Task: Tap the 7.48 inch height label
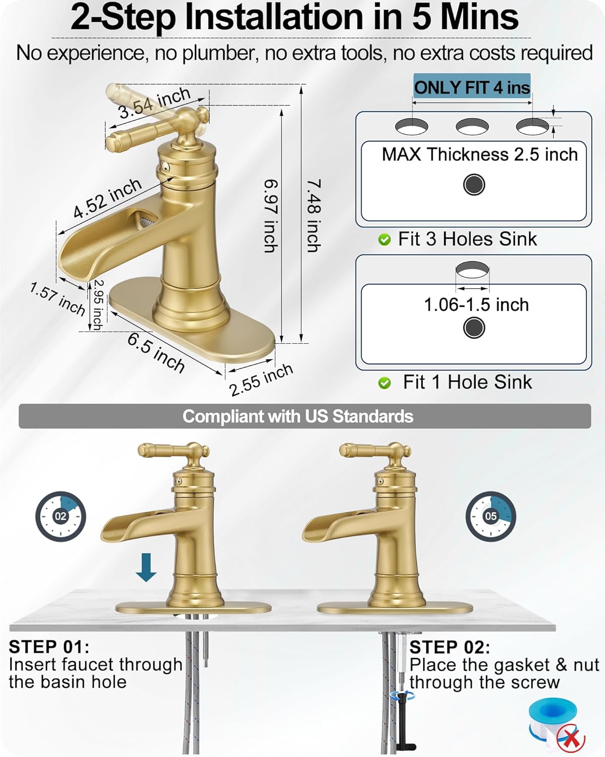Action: [x=314, y=216]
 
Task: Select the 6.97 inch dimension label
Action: [x=271, y=216]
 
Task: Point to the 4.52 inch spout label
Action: [x=107, y=198]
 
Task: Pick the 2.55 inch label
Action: [x=261, y=380]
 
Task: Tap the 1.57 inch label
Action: [x=57, y=299]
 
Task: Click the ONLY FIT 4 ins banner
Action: [x=472, y=87]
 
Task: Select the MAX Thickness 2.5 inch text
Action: [x=479, y=154]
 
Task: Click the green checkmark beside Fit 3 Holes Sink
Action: [x=385, y=240]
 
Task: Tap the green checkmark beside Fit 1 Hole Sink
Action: [x=385, y=384]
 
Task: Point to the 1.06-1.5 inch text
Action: [x=476, y=305]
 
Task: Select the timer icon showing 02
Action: [x=60, y=516]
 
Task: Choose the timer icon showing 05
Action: [x=490, y=516]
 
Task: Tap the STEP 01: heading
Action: [x=49, y=647]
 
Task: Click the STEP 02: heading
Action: [x=450, y=647]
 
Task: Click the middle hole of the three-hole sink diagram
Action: [x=472, y=126]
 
